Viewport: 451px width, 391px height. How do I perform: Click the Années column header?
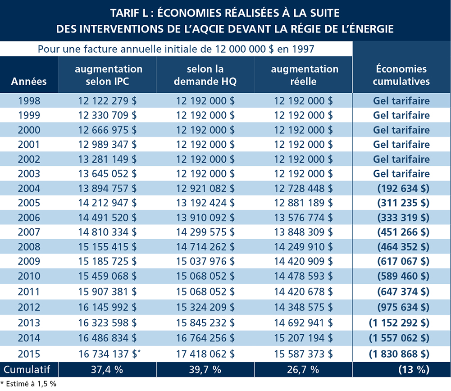[x=29, y=82]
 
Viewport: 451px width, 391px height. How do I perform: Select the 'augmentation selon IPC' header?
[x=109, y=75]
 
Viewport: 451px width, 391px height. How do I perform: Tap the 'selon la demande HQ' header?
[x=205, y=75]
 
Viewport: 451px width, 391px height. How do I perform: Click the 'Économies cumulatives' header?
[x=401, y=75]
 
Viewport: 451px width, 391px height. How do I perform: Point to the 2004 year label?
[x=29, y=188]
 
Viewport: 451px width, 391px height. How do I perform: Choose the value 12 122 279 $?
[x=107, y=101]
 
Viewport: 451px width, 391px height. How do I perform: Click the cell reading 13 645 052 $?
[x=107, y=173]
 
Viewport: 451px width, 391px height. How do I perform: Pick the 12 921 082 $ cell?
[x=205, y=188]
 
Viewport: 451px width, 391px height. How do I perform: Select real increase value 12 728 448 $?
[x=303, y=188]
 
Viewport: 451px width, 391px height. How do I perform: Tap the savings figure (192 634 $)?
[x=403, y=188]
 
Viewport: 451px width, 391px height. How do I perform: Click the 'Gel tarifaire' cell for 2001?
[x=401, y=144]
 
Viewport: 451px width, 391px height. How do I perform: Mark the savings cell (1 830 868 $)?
[x=399, y=354]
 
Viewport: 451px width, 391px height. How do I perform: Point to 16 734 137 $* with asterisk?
[x=109, y=354]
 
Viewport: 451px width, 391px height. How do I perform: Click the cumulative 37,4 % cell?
[x=107, y=370]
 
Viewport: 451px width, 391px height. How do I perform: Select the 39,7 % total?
[x=205, y=370]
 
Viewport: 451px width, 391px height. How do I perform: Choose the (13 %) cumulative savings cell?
[x=414, y=370]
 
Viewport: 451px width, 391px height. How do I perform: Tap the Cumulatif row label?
[x=27, y=370]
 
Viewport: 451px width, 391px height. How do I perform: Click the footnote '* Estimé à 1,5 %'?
[x=28, y=384]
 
